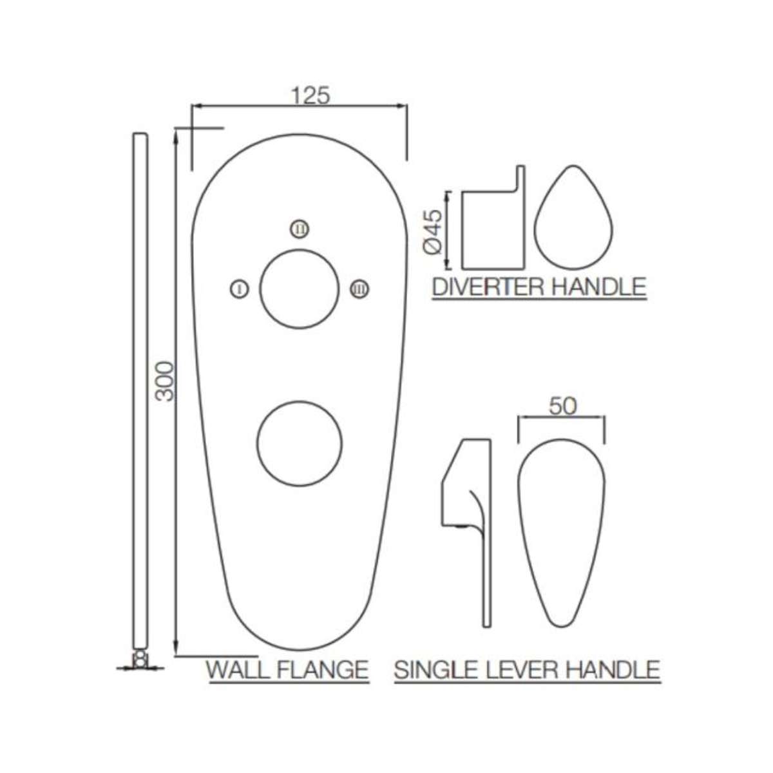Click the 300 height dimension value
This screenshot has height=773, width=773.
pyautogui.click(x=166, y=381)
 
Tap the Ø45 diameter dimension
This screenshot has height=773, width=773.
pyautogui.click(x=435, y=230)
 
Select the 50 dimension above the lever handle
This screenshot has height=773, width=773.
pyautogui.click(x=562, y=406)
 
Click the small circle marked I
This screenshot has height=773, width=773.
pyautogui.click(x=239, y=289)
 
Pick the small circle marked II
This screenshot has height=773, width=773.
pyautogui.click(x=300, y=228)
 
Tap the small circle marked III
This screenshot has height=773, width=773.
pyautogui.click(x=359, y=289)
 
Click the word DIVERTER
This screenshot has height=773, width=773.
pyautogui.click(x=488, y=287)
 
